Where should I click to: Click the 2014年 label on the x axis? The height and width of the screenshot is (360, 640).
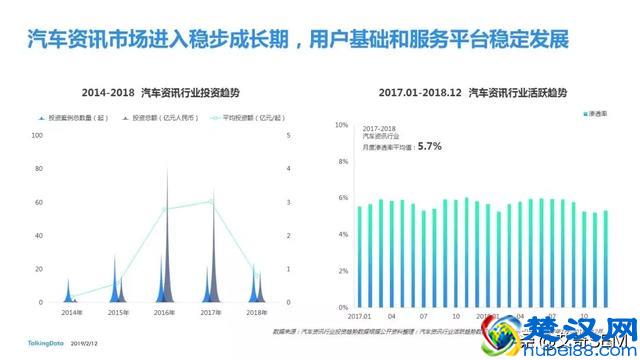(x=70, y=313)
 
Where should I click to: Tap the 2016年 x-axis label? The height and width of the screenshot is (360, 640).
(x=166, y=313)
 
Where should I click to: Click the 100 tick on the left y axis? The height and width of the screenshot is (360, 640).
(x=40, y=134)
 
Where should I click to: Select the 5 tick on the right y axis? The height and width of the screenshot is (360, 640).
(x=289, y=134)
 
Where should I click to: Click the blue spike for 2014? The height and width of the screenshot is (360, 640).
(x=68, y=290)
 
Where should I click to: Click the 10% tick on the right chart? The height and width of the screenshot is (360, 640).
(x=341, y=126)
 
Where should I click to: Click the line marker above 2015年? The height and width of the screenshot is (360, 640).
(x=117, y=282)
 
